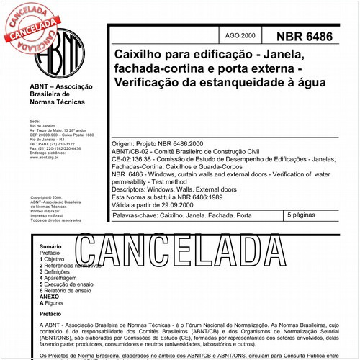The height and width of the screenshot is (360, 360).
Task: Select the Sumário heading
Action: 50,246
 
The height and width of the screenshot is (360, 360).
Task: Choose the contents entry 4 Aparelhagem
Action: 64,278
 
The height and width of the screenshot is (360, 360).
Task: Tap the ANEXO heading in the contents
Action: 49,297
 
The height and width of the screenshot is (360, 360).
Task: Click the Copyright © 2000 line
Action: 48,197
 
